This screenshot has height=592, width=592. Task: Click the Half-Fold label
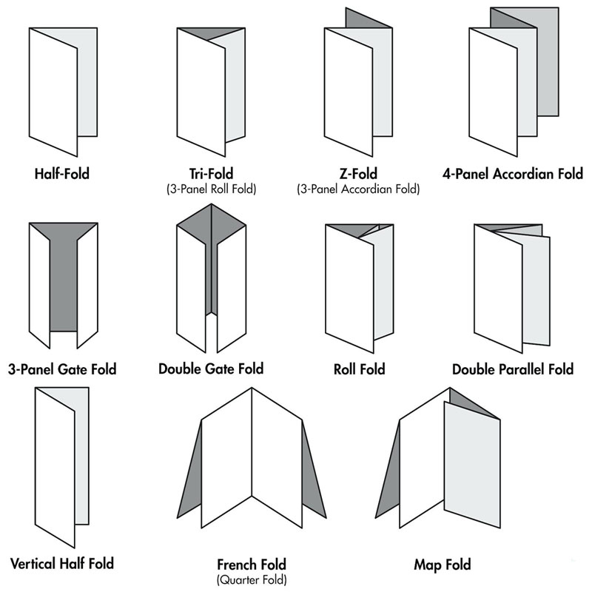tap(63, 175)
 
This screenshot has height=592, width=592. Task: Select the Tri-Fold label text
tap(212, 175)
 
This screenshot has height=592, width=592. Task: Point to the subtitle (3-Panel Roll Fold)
tap(212, 189)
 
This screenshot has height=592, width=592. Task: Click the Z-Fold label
tap(358, 175)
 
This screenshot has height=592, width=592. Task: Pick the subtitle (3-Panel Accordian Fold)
tap(358, 189)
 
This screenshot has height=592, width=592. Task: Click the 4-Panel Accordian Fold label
tap(513, 175)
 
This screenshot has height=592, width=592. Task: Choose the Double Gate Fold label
tap(211, 368)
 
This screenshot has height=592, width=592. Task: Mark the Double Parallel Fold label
tap(513, 369)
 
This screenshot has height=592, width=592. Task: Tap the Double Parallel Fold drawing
tap(511, 285)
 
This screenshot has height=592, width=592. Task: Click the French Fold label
tap(252, 565)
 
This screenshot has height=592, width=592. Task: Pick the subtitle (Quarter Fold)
tap(252, 579)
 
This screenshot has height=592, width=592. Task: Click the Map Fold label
tap(442, 565)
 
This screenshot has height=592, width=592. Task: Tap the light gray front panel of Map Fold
tap(471, 459)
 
